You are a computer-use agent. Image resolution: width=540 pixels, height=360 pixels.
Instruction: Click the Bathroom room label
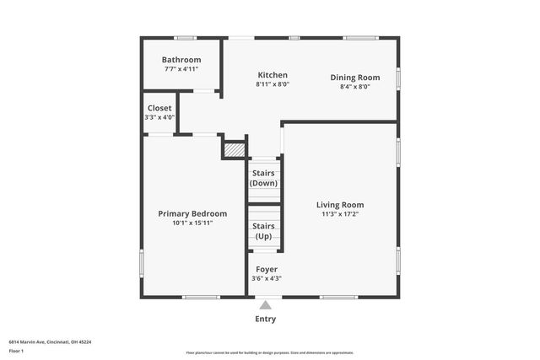[181, 60]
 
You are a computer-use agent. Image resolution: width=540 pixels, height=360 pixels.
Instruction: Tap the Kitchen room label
[273, 75]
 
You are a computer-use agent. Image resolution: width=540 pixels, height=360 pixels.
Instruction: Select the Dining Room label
[354, 77]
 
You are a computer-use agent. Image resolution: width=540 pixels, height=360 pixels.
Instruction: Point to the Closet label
[159, 109]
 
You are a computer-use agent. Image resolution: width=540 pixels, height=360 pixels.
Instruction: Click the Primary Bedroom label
[192, 213]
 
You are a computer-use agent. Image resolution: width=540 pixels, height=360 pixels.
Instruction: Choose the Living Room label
[340, 205]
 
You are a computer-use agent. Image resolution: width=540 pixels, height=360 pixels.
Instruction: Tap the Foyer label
[266, 269]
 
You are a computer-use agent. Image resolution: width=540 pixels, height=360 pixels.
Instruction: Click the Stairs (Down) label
[264, 178]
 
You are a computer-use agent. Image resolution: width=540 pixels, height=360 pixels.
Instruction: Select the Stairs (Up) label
[264, 231]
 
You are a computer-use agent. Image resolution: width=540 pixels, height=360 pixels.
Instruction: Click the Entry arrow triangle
[265, 305]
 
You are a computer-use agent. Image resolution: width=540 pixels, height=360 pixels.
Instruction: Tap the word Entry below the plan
[265, 319]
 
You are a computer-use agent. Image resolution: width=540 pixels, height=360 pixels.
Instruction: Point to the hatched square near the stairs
[234, 149]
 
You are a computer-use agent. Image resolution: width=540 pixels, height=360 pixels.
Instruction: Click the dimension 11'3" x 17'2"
[340, 214]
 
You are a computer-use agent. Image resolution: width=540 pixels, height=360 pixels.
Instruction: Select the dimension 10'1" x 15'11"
[192, 223]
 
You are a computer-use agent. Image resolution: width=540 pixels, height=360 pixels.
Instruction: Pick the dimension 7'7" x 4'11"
[181, 68]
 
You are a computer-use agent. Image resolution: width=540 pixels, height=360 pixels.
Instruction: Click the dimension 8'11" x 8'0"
[273, 84]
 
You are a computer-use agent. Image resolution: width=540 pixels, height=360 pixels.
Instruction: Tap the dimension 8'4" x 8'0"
[354, 86]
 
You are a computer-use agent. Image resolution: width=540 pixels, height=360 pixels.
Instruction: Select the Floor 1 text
[16, 351]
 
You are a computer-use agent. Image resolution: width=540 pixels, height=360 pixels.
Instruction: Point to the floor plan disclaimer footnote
[270, 352]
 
